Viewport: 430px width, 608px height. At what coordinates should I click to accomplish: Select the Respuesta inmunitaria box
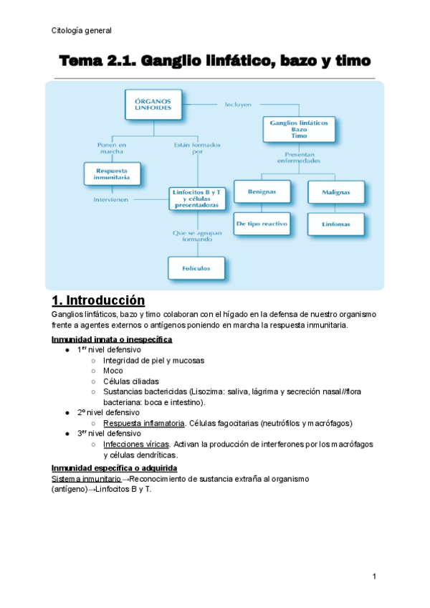[112, 174]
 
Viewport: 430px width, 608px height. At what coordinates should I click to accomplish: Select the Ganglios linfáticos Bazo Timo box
[299, 128]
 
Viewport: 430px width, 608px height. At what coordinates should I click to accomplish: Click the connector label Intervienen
[111, 199]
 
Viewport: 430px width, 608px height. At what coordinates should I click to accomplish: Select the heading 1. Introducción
[98, 300]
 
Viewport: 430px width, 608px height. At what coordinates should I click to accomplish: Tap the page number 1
[374, 577]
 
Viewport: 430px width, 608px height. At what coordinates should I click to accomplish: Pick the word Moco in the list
[113, 371]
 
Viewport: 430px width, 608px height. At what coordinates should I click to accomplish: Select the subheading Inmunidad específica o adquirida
[115, 467]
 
